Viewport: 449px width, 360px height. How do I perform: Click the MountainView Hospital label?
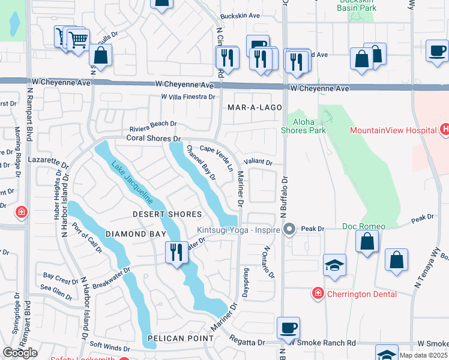point(393,130)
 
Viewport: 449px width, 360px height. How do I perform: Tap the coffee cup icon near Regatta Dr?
point(289,328)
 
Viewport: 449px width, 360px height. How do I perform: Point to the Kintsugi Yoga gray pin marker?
point(290,229)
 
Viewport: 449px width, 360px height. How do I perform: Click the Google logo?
point(20,353)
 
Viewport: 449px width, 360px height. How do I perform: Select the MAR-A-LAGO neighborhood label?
point(250,108)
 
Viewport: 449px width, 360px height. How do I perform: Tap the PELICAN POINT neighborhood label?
point(182,338)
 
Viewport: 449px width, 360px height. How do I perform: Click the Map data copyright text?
point(423,355)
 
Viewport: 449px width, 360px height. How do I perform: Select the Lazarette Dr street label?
point(52,163)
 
